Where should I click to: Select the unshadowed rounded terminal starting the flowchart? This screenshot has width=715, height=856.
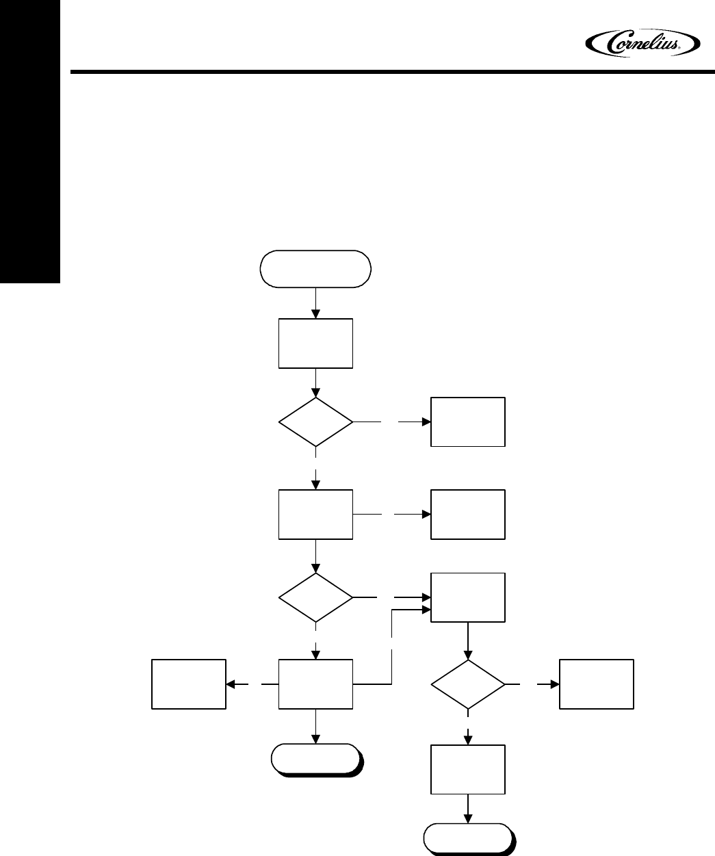pyautogui.click(x=315, y=269)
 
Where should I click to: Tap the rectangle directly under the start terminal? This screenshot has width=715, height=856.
pyautogui.click(x=315, y=343)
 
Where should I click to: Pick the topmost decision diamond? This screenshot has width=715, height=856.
pyautogui.click(x=315, y=422)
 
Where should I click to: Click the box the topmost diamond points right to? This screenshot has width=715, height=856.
pyautogui.click(x=468, y=421)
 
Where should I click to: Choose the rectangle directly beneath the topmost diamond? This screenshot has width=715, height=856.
pyautogui.click(x=315, y=515)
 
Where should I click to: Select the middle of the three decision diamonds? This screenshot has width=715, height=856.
pyautogui.click(x=315, y=597)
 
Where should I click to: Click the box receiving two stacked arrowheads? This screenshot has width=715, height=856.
pyautogui.click(x=468, y=597)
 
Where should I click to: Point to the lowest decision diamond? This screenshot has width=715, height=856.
pyautogui.click(x=468, y=684)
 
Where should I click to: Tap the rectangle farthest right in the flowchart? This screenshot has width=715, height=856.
pyautogui.click(x=597, y=684)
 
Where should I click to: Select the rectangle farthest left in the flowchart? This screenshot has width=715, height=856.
pyautogui.click(x=189, y=684)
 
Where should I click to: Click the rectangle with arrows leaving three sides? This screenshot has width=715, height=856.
pyautogui.click(x=315, y=684)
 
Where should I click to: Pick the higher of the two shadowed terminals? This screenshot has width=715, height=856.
pyautogui.click(x=315, y=760)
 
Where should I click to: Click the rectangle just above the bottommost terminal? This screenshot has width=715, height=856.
pyautogui.click(x=468, y=770)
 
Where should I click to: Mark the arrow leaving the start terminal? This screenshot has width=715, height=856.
pyautogui.click(x=315, y=303)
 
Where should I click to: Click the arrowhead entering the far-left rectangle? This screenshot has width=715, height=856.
pyautogui.click(x=231, y=684)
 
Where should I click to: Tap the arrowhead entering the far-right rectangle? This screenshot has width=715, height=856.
pyautogui.click(x=554, y=684)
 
